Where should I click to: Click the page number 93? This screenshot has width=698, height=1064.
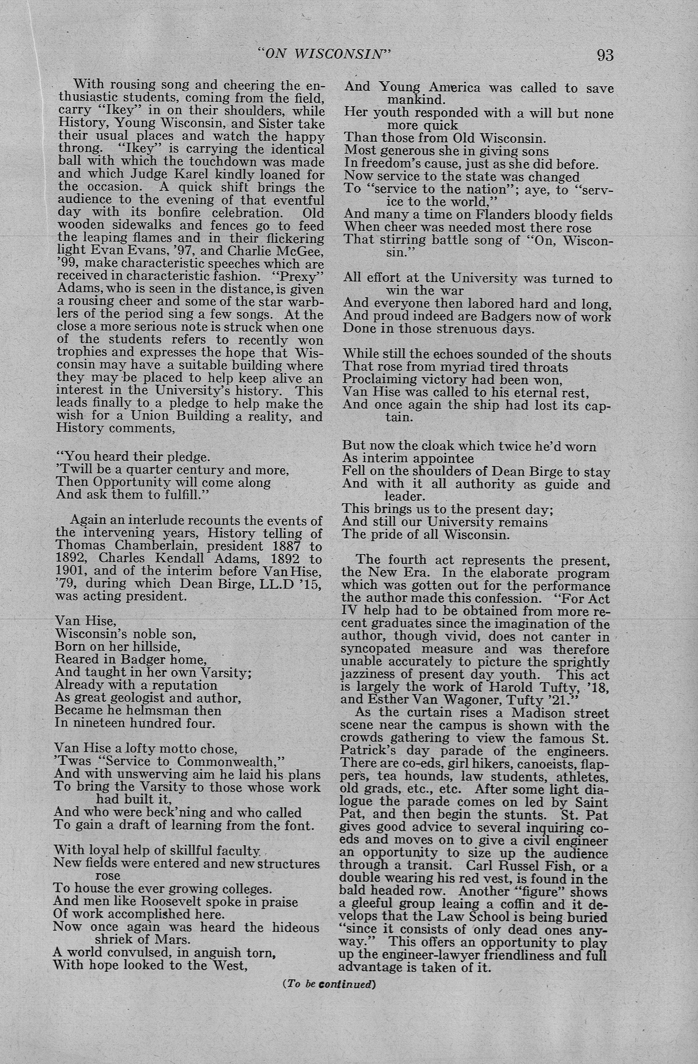pyautogui.click(x=605, y=55)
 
